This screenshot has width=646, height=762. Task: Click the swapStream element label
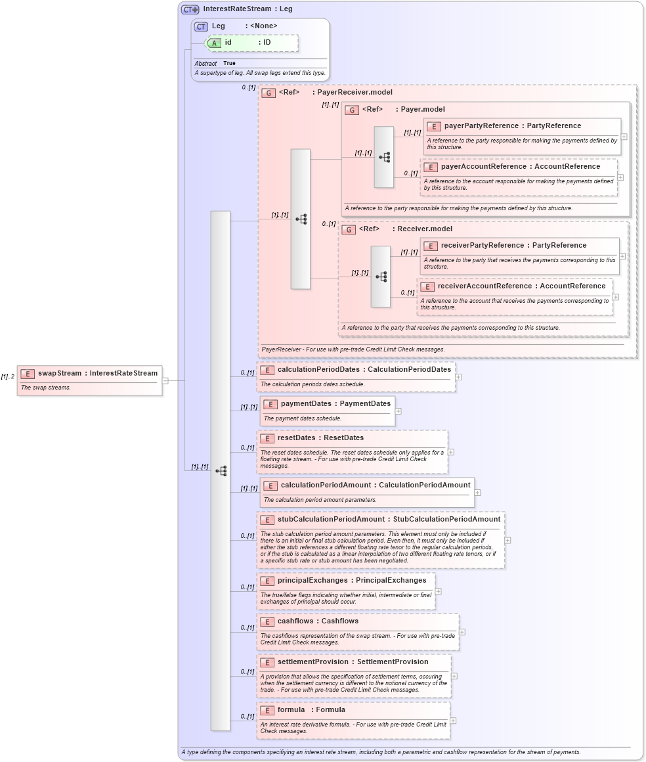[60, 373]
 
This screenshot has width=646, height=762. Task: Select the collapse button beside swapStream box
[165, 380]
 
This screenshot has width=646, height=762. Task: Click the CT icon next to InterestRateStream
[190, 9]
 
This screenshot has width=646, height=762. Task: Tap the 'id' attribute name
[228, 42]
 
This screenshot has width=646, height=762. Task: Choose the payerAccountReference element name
[484, 166]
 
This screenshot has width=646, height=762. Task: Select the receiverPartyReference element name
[483, 245]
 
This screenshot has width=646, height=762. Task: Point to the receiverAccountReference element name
[481, 286]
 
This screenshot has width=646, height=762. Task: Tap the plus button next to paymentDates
[398, 411]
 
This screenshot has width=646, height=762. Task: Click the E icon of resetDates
[267, 438]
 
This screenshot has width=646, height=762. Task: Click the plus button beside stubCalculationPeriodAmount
[507, 540]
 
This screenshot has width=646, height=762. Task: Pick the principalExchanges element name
[314, 580]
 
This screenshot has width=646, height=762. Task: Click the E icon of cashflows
[267, 621]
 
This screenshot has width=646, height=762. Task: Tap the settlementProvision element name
[312, 661]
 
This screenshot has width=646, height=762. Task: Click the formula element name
[291, 709]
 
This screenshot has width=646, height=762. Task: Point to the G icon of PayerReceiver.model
[268, 93]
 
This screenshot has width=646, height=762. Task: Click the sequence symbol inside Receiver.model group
[381, 277]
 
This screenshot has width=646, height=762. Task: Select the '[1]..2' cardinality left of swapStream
[8, 376]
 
